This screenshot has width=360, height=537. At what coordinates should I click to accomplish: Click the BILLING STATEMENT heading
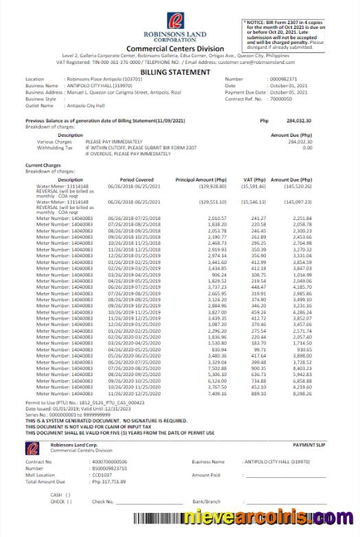click(175, 72)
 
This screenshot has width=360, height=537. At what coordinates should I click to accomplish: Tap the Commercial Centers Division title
click(175, 49)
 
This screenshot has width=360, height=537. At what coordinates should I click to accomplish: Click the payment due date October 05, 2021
click(290, 91)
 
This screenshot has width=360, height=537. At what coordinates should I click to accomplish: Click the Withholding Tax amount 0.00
click(307, 147)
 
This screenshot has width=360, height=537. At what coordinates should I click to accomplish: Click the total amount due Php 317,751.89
click(113, 481)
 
